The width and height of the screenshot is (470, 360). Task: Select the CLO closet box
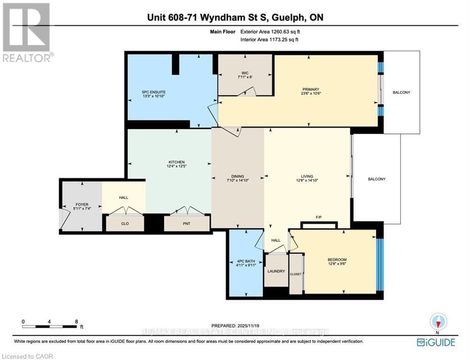click(x=125, y=224)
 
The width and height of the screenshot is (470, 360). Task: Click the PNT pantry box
click(x=186, y=224)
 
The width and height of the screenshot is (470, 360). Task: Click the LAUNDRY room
click(x=276, y=270)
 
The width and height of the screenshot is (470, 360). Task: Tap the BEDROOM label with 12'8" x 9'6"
click(x=337, y=262)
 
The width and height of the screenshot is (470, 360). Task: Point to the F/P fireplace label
click(x=318, y=217)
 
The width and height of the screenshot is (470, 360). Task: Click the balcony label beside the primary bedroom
click(x=402, y=92)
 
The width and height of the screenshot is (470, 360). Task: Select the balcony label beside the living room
click(x=377, y=179)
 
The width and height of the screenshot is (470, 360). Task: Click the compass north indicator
click(x=439, y=322)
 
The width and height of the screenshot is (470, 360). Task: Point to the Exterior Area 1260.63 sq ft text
click(x=270, y=32)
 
